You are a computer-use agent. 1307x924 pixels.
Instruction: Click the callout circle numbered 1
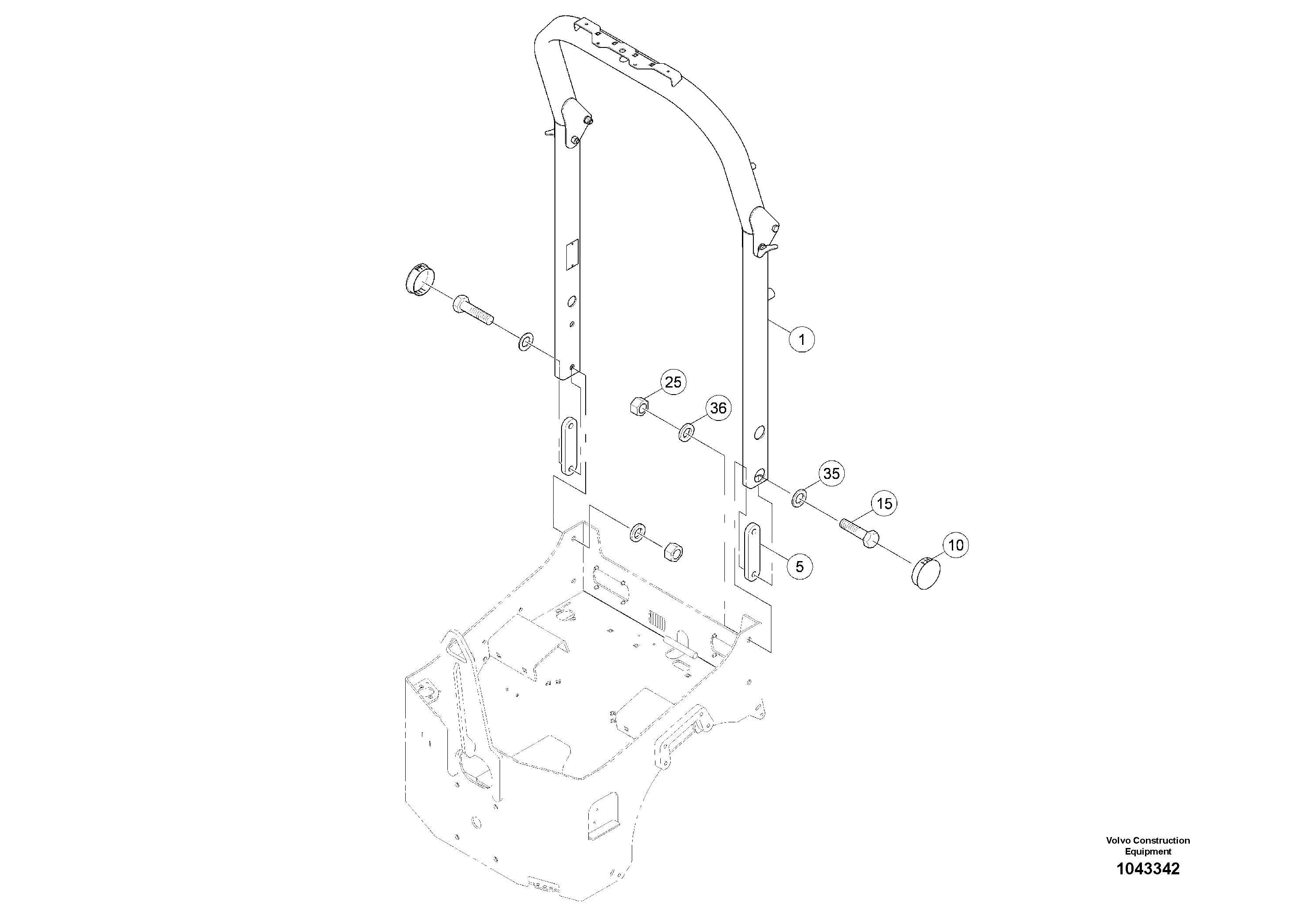coord(802,340)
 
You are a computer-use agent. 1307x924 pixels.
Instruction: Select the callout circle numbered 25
coord(673,382)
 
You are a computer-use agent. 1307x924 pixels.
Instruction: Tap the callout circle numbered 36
coord(718,409)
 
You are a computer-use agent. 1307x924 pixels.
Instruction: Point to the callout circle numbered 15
coord(884,504)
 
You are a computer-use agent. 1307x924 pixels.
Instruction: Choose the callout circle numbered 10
coord(956,545)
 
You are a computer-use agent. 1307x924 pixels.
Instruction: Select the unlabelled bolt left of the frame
coord(472,311)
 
